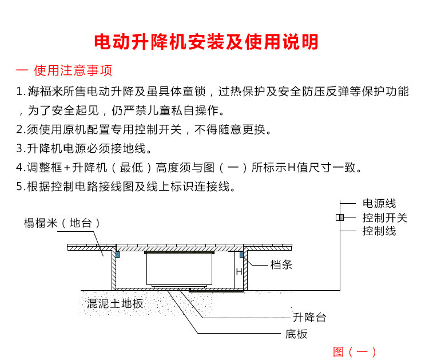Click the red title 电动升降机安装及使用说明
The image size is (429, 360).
(x=206, y=41)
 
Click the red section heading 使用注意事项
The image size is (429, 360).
(x=73, y=70)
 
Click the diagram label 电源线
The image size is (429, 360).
(x=379, y=204)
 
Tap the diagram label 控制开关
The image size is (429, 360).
(x=384, y=217)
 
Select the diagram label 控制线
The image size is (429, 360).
(x=379, y=231)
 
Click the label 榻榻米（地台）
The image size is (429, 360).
(x=62, y=223)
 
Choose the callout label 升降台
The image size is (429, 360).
(x=309, y=318)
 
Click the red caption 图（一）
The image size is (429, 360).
(x=355, y=351)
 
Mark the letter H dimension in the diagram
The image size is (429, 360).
(x=239, y=272)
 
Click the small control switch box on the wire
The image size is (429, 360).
(x=339, y=217)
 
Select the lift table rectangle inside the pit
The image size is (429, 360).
(x=179, y=269)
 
